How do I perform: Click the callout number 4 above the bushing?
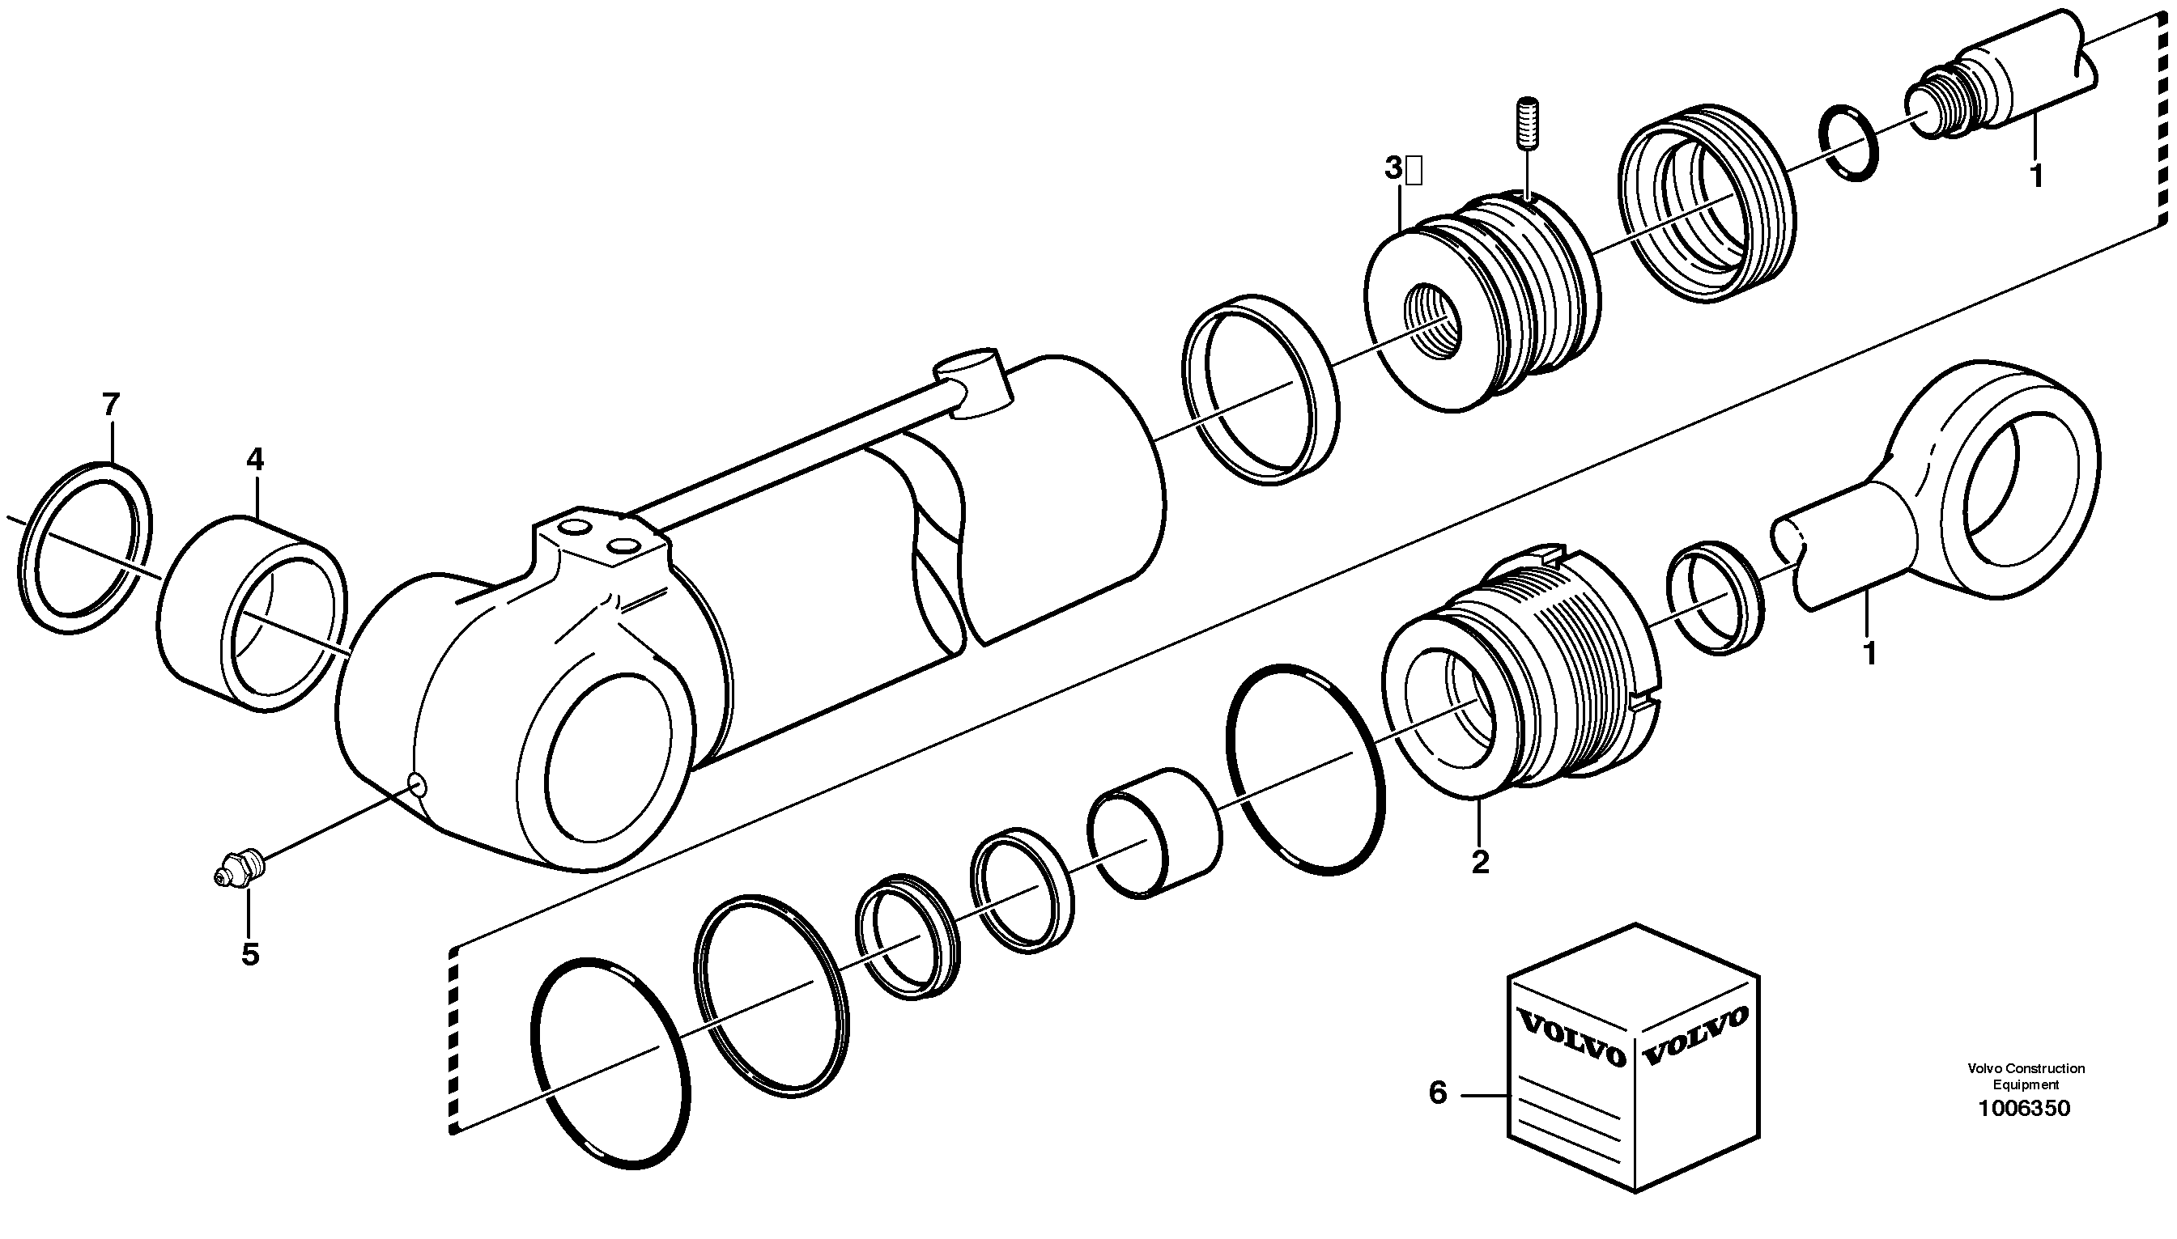255,460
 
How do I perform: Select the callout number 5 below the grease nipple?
249,955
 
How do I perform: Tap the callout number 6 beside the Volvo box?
1437,1093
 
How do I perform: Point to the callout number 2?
1480,862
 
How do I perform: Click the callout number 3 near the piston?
1393,169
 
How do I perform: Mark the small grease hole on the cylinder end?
417,783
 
